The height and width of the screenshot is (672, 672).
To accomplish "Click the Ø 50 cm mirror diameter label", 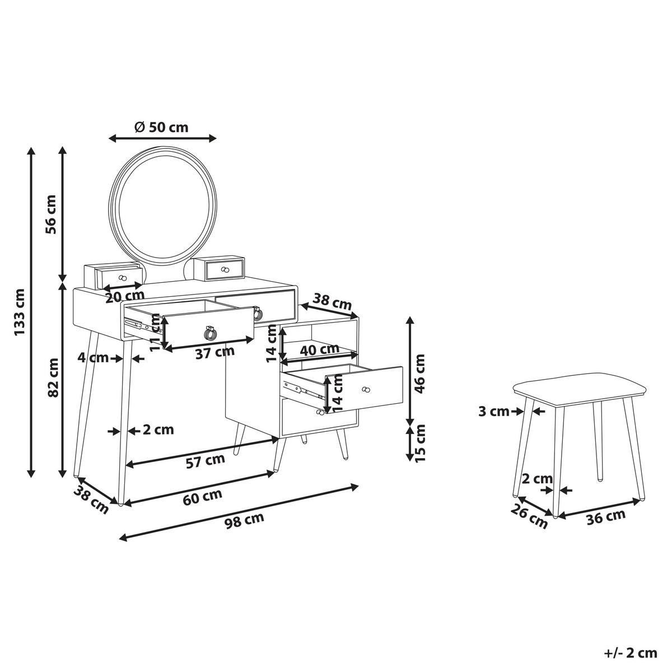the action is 161,128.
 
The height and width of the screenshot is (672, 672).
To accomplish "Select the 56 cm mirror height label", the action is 51,214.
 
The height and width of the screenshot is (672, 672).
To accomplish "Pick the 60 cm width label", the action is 203,496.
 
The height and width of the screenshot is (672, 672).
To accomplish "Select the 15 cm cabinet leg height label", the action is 421,443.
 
